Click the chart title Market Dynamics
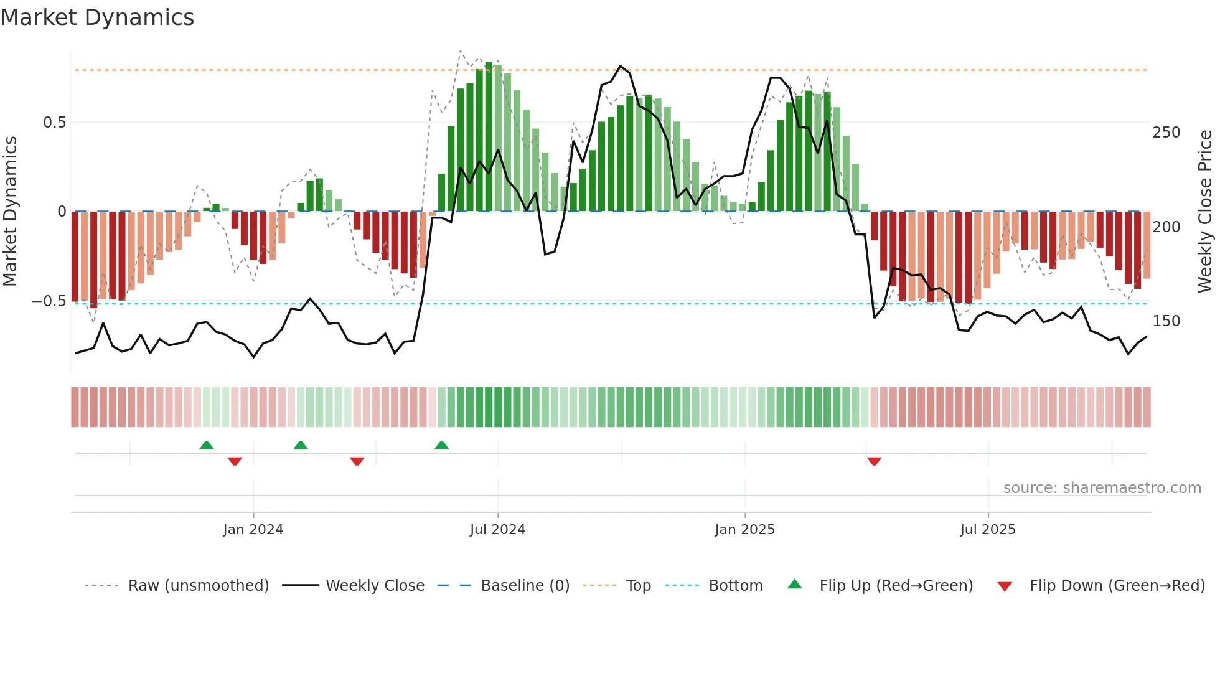97,17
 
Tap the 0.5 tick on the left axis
54,123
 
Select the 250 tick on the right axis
1166,133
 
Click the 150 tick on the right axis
1166,321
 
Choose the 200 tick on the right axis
1166,227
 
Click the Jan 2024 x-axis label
253,530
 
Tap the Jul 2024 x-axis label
497,530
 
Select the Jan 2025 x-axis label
744,530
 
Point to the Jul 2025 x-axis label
987,530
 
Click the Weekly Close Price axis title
1205,212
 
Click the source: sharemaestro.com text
1102,488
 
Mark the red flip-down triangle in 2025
874,461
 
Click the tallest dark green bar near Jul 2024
489,137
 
